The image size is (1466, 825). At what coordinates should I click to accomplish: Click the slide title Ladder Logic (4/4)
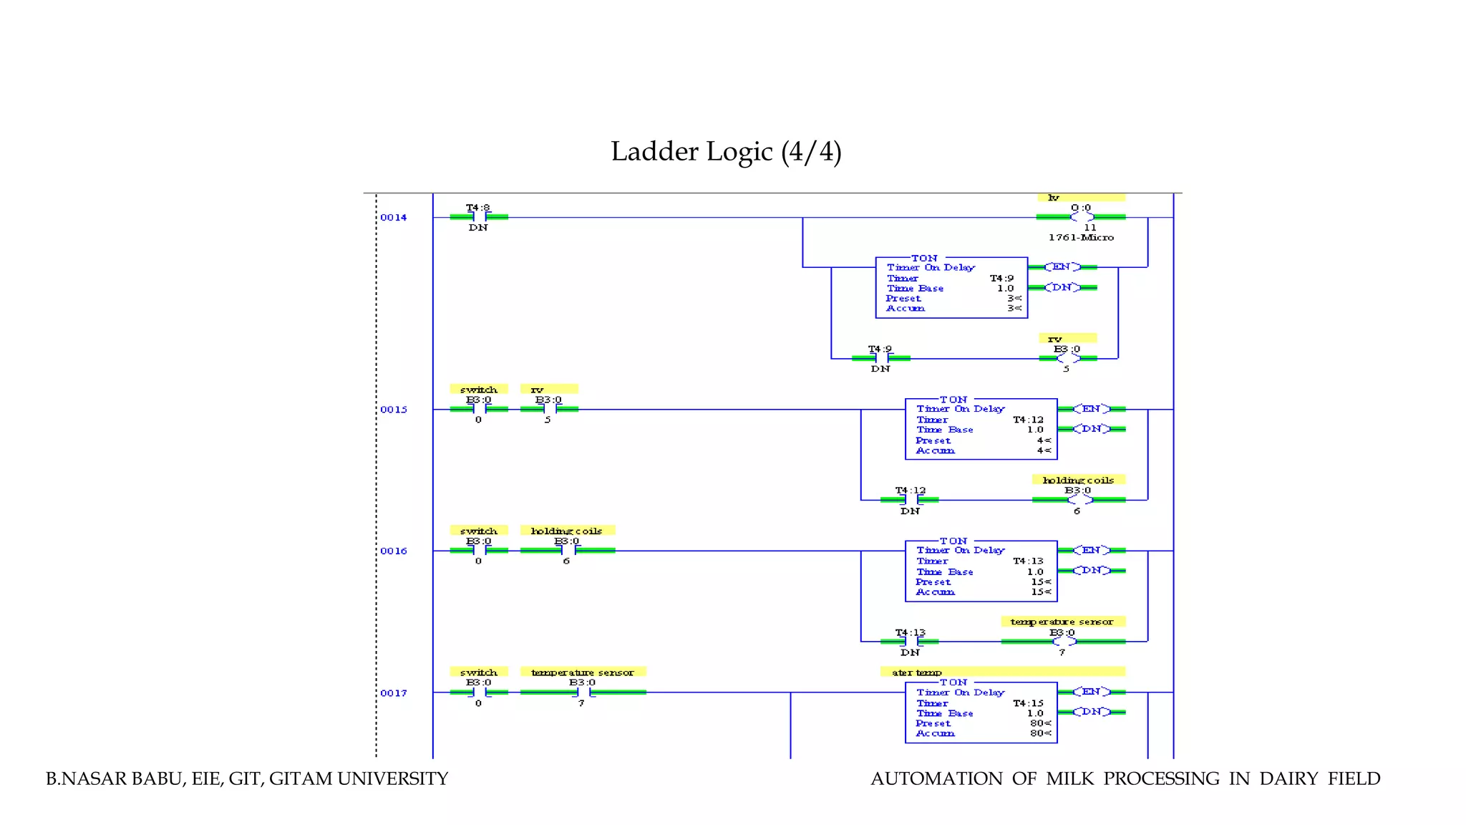click(726, 152)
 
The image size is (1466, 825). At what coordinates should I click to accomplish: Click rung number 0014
click(393, 218)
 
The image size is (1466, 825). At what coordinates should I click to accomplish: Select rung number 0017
click(393, 693)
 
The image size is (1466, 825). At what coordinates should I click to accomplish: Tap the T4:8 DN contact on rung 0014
click(479, 217)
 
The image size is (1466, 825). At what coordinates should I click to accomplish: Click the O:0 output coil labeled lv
click(1082, 217)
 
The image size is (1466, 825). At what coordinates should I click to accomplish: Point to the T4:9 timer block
click(951, 288)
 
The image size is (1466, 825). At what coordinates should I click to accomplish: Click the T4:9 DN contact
click(881, 358)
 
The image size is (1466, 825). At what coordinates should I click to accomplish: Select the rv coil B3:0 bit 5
click(1067, 358)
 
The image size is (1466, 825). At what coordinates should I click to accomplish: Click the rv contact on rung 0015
click(549, 410)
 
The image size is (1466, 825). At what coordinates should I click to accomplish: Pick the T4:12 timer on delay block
click(981, 429)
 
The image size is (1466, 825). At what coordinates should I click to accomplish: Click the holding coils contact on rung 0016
click(567, 551)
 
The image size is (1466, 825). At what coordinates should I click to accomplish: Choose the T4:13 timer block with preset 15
click(981, 571)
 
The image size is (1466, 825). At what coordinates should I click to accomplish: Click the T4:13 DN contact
click(911, 642)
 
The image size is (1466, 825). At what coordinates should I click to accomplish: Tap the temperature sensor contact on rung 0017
click(583, 693)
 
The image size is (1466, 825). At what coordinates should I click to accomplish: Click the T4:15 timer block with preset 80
click(981, 713)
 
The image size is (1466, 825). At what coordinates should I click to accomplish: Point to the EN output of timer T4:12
click(1091, 409)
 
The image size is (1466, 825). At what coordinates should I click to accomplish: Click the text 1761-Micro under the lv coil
click(1081, 238)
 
